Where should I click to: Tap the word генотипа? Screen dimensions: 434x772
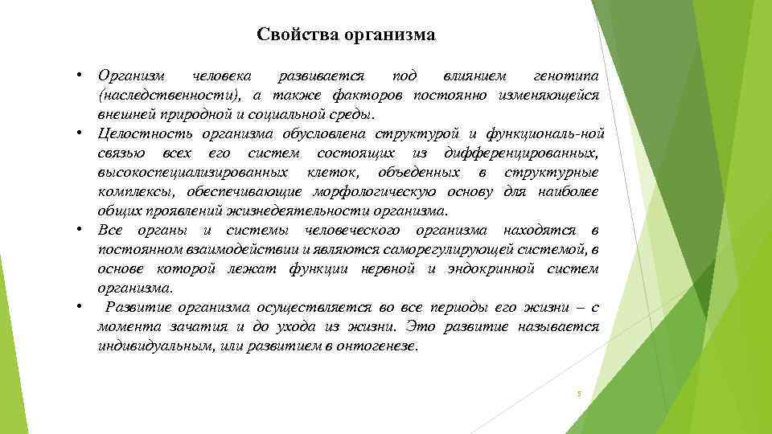(x=566, y=76)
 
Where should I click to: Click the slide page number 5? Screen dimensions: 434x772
(x=578, y=394)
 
